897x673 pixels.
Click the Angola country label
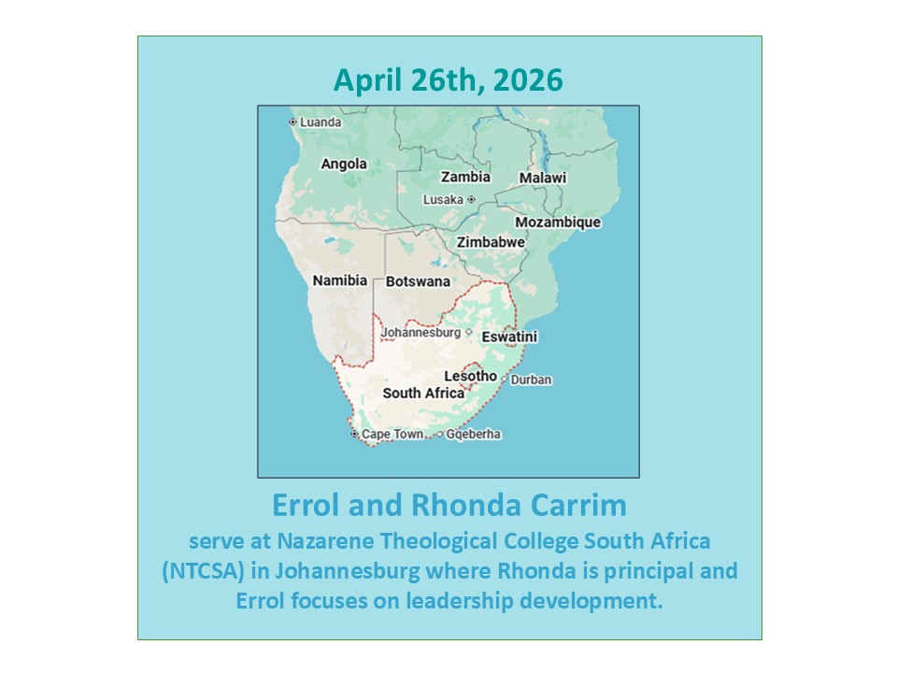click(x=344, y=165)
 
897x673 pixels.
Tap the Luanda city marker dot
click(x=292, y=122)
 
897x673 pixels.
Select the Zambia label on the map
click(x=465, y=177)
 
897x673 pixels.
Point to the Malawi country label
click(x=542, y=178)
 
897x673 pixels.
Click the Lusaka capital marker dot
click(x=471, y=200)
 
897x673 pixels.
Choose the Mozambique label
click(x=558, y=222)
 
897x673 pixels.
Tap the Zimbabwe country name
click(x=491, y=242)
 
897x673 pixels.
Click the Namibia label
click(x=340, y=280)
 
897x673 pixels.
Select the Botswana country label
click(x=418, y=281)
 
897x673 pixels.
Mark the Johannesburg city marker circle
click(x=469, y=332)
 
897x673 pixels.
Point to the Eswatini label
click(x=509, y=336)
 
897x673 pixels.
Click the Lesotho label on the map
click(x=470, y=376)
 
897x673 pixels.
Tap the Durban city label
click(x=531, y=380)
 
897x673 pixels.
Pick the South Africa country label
click(x=423, y=394)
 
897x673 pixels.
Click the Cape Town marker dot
click(x=354, y=434)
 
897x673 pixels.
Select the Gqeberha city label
click(x=473, y=435)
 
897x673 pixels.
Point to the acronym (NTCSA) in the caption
click(x=204, y=571)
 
